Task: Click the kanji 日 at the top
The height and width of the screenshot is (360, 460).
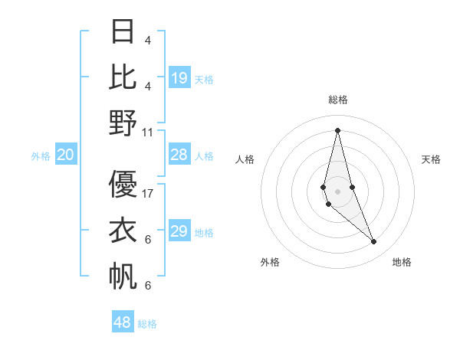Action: coord(123,31)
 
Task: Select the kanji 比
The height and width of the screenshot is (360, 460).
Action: coord(123,77)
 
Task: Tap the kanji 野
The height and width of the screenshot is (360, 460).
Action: coord(123,122)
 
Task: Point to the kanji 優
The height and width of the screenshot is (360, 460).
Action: coord(123,185)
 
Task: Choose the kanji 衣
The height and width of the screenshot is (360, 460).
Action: coord(123,230)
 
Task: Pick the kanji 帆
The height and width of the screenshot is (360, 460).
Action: coord(123,275)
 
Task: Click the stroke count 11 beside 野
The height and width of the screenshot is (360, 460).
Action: coord(148,132)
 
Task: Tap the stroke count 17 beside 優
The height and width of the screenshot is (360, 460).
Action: coord(148,194)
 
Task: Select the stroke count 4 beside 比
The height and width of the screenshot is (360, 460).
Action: coord(148,87)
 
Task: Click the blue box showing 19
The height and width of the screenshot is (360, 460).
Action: coord(179,77)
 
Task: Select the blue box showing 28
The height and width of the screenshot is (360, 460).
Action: coord(179,155)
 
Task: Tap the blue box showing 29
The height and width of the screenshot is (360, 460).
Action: coord(179,231)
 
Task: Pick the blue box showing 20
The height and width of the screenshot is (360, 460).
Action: coord(66,155)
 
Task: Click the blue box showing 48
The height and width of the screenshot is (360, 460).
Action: coord(123,322)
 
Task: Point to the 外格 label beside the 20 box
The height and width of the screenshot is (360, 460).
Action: coord(41,156)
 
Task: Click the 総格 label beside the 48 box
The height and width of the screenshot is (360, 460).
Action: coord(147,324)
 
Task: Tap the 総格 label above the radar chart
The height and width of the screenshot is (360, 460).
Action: coord(338,100)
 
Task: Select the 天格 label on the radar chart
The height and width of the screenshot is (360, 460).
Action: coord(431,159)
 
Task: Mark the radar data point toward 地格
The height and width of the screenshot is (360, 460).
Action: coord(374,242)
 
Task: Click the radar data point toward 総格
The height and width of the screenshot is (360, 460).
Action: coord(337,129)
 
